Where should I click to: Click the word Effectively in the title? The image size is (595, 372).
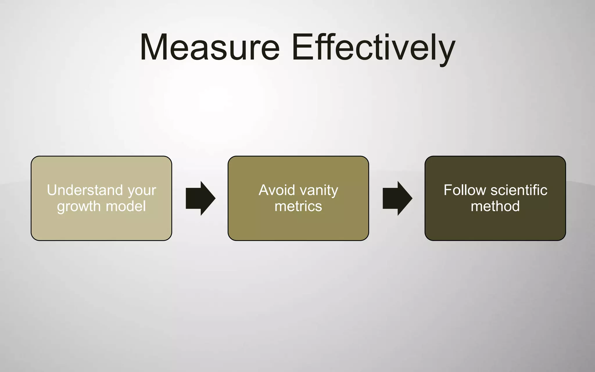point(373,47)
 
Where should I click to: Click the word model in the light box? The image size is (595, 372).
point(126,206)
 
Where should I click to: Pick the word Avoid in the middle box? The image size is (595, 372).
point(277,190)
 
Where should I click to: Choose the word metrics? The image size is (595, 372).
point(298,206)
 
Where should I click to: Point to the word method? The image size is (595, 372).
point(495,206)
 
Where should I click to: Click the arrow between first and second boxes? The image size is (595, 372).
point(200,198)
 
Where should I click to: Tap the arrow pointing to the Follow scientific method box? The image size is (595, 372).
point(397,198)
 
